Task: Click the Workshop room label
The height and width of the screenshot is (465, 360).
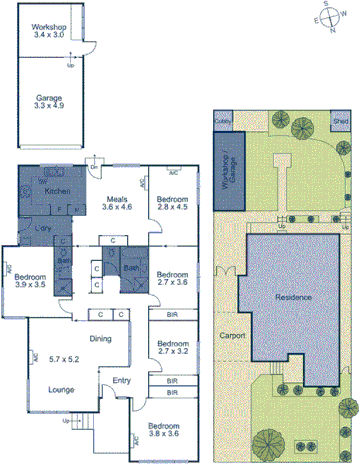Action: pos(48,28)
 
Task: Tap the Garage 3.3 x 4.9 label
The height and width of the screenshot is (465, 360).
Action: pos(48,99)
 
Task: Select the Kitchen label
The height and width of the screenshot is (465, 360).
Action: pos(57,190)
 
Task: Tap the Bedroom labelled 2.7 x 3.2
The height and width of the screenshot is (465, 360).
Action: pos(172,348)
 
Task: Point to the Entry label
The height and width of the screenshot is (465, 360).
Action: pos(121,380)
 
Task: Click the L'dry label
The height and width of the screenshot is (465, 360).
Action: pos(43,228)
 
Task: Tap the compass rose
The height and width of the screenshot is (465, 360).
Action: pos(332,19)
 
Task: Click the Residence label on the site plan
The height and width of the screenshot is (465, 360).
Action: pos(293,298)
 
